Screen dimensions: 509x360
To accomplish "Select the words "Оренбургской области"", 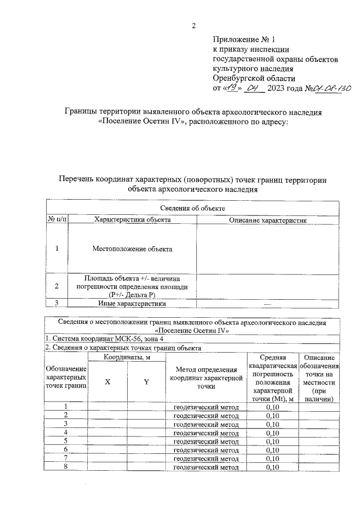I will (254, 78).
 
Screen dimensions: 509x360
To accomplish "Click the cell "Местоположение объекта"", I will (133, 248).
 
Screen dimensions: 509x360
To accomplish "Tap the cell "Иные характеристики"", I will (133, 304).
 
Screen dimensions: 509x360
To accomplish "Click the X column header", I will (107, 382).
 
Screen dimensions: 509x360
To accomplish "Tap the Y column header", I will (146, 382).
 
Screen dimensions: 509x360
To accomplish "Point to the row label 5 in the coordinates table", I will (66, 441).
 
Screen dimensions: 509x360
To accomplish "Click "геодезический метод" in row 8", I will (205, 467).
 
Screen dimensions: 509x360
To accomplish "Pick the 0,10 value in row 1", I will (272, 407).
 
